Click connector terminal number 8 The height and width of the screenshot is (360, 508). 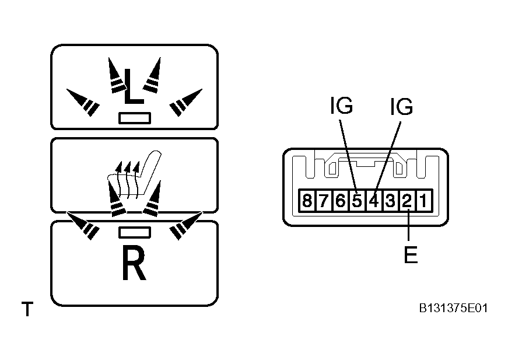click(x=307, y=201)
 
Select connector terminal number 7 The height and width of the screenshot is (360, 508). click(x=323, y=201)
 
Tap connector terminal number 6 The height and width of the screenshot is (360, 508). click(x=340, y=201)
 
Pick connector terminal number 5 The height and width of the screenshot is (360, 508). click(x=357, y=201)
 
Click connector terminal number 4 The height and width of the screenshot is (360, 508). click(x=374, y=201)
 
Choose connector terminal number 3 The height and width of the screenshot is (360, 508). click(x=391, y=201)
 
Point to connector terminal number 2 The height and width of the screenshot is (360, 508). click(x=407, y=201)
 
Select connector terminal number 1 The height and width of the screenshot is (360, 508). click(x=424, y=201)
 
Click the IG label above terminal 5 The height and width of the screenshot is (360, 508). click(x=341, y=105)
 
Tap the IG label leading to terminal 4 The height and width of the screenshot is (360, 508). click(x=401, y=106)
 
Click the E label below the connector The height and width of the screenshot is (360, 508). click(x=411, y=254)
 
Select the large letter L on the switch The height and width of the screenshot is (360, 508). click(x=133, y=86)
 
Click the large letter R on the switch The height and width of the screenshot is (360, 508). click(x=134, y=263)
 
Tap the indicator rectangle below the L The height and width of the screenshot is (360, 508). click(x=135, y=118)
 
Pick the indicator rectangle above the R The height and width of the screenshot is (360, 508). click(x=135, y=232)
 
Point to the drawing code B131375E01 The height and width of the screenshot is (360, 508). click(x=453, y=308)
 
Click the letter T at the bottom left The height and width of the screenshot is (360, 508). click(x=27, y=309)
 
